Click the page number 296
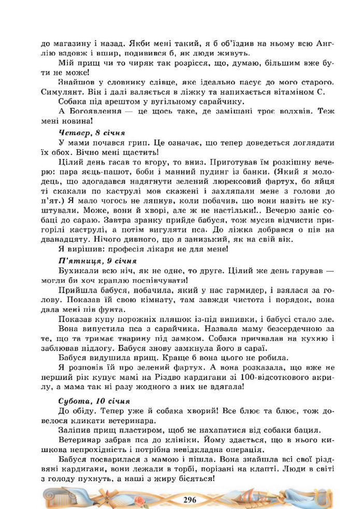(190, 499)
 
